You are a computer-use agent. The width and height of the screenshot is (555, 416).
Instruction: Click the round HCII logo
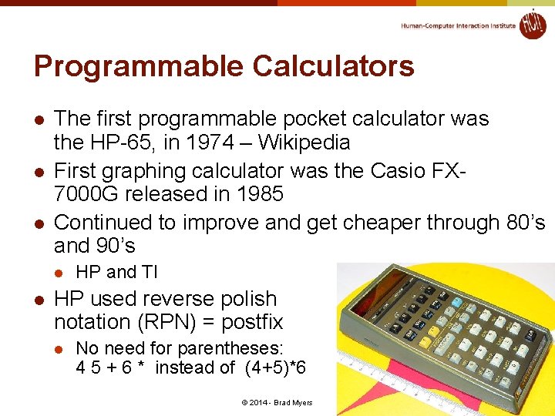pos(532,25)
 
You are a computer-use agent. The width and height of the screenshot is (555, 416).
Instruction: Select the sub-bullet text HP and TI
pos(116,272)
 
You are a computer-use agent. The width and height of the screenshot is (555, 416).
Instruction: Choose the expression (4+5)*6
pos(274,367)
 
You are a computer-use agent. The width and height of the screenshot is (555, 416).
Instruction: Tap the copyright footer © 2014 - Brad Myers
pos(277,403)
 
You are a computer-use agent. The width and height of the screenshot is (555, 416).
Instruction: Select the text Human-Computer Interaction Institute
pos(458,25)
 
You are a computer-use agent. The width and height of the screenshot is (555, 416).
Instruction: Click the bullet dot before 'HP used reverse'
pos(39,299)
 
